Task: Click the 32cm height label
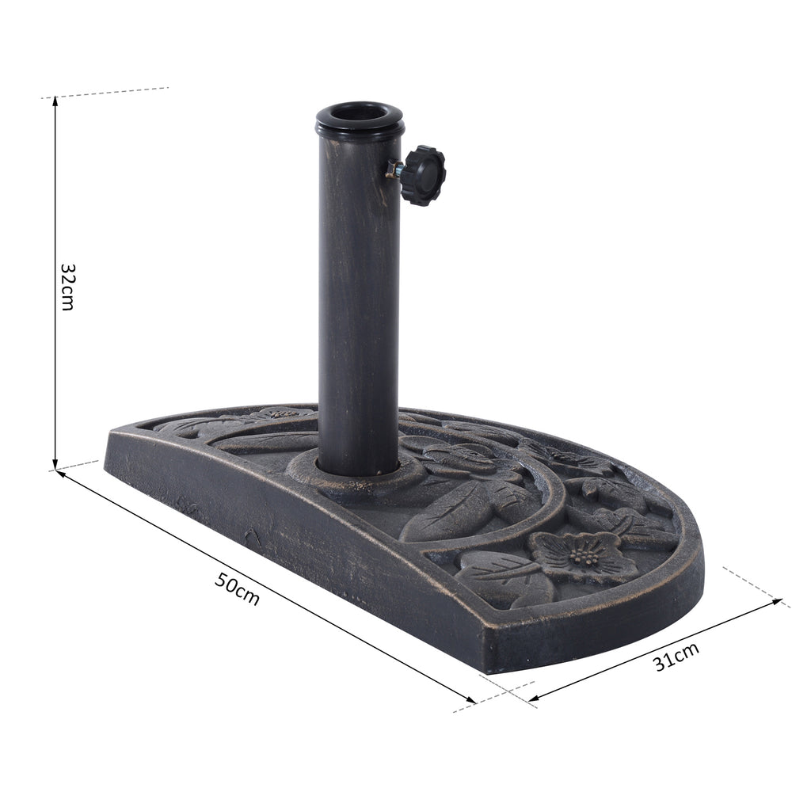point(67,287)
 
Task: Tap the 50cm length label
point(238,589)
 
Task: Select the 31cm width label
point(677,656)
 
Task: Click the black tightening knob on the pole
point(425,175)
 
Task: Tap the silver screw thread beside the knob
point(394,169)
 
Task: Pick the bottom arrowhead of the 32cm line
point(55,464)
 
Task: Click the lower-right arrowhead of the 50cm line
point(470,700)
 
